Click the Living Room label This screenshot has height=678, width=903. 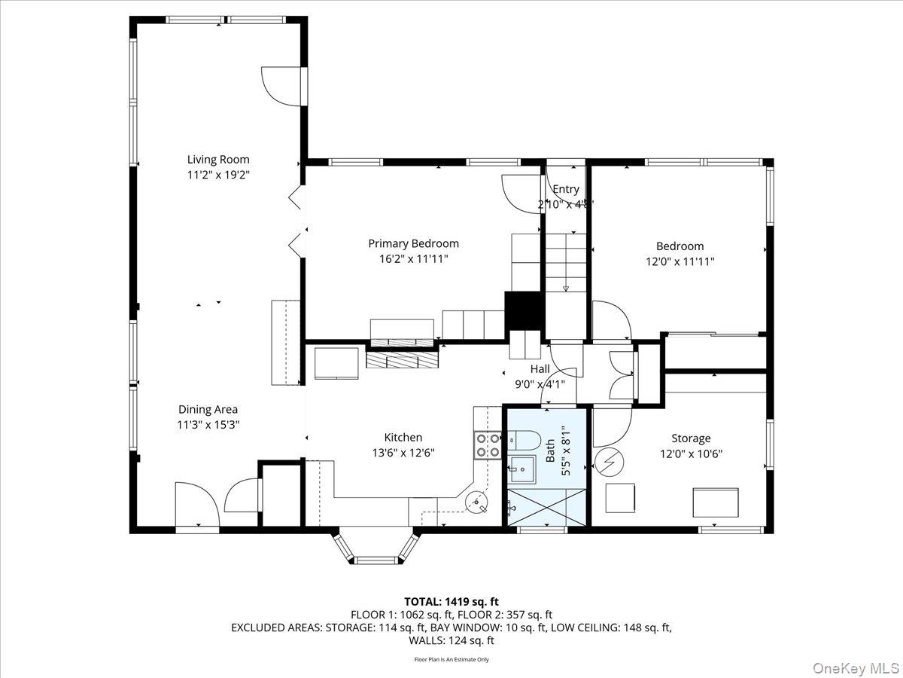[x=218, y=160]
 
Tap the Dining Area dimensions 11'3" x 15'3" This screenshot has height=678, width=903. [x=208, y=425]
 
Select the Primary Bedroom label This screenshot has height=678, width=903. [x=413, y=243]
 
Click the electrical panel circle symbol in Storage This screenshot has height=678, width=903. [x=605, y=462]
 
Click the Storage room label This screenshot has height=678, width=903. [x=691, y=438]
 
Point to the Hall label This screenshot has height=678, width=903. [x=540, y=369]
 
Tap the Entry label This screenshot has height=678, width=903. [x=566, y=190]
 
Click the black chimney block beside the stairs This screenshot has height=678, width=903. [x=524, y=310]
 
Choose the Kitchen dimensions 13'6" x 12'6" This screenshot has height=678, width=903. [x=403, y=453]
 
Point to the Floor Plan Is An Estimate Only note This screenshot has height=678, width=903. [x=451, y=659]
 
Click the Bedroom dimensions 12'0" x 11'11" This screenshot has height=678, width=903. [x=680, y=261]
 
